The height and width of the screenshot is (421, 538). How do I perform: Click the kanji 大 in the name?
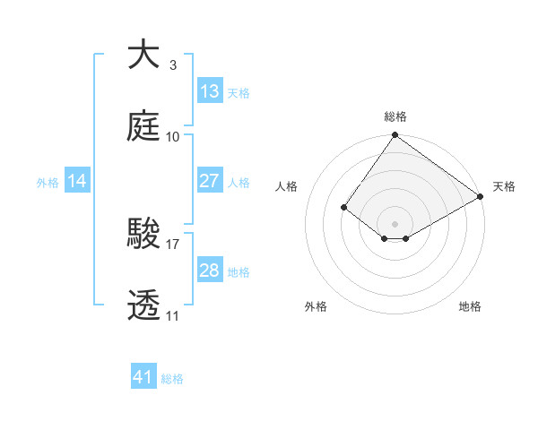tap(144, 56)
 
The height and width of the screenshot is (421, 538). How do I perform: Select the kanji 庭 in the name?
tap(144, 127)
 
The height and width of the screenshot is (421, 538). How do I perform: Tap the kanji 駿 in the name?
tap(144, 234)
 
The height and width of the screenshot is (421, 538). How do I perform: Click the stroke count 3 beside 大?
tap(172, 64)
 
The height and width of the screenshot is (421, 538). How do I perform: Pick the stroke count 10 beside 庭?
tap(173, 136)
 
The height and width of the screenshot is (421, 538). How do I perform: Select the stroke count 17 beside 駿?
tap(173, 243)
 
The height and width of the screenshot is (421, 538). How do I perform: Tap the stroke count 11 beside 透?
tap(173, 315)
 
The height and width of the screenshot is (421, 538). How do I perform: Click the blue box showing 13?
tap(210, 91)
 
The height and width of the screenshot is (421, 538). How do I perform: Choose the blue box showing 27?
tap(210, 181)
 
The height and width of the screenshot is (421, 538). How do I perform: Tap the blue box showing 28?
tap(210, 271)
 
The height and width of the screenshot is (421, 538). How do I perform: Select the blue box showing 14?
tap(77, 181)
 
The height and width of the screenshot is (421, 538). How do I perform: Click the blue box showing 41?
tap(143, 377)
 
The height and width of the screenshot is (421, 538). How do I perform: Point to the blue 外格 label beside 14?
tap(48, 182)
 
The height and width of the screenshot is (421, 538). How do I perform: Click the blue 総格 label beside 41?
tap(172, 379)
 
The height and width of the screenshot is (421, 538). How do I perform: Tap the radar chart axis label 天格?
tap(504, 186)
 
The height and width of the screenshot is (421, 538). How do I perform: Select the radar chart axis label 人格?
tap(287, 186)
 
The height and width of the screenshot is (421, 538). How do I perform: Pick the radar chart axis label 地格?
tap(470, 306)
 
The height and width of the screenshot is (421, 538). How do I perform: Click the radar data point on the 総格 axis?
tap(395, 136)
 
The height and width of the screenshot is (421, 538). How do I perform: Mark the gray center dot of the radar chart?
tap(395, 223)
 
